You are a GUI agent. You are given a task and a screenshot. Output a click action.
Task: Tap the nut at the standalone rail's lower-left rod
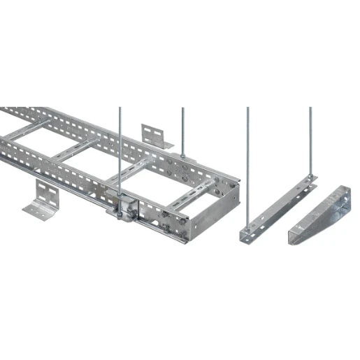point(247,227)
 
